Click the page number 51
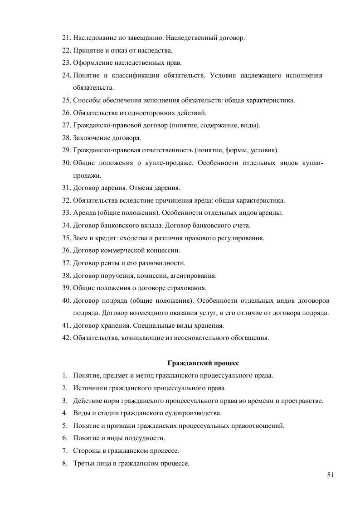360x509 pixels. pyautogui.click(x=330, y=475)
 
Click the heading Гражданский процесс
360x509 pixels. pyautogui.click(x=203, y=363)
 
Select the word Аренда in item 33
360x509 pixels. pyautogui.click(x=83, y=213)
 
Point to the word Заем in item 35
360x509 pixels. pyautogui.click(x=80, y=238)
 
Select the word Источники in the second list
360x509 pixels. pyautogui.click(x=89, y=388)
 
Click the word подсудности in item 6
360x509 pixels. pyautogui.click(x=147, y=438)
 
